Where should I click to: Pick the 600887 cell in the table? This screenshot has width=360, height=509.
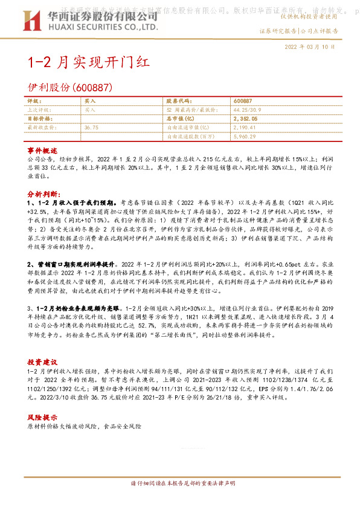(242, 101)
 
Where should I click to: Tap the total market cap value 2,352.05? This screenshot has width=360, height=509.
(245, 119)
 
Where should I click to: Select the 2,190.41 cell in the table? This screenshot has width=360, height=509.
(244, 128)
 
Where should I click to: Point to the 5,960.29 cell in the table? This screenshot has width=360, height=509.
(245, 137)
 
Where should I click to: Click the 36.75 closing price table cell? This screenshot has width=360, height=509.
(92, 128)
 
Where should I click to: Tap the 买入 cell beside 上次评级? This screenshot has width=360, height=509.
(90, 110)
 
